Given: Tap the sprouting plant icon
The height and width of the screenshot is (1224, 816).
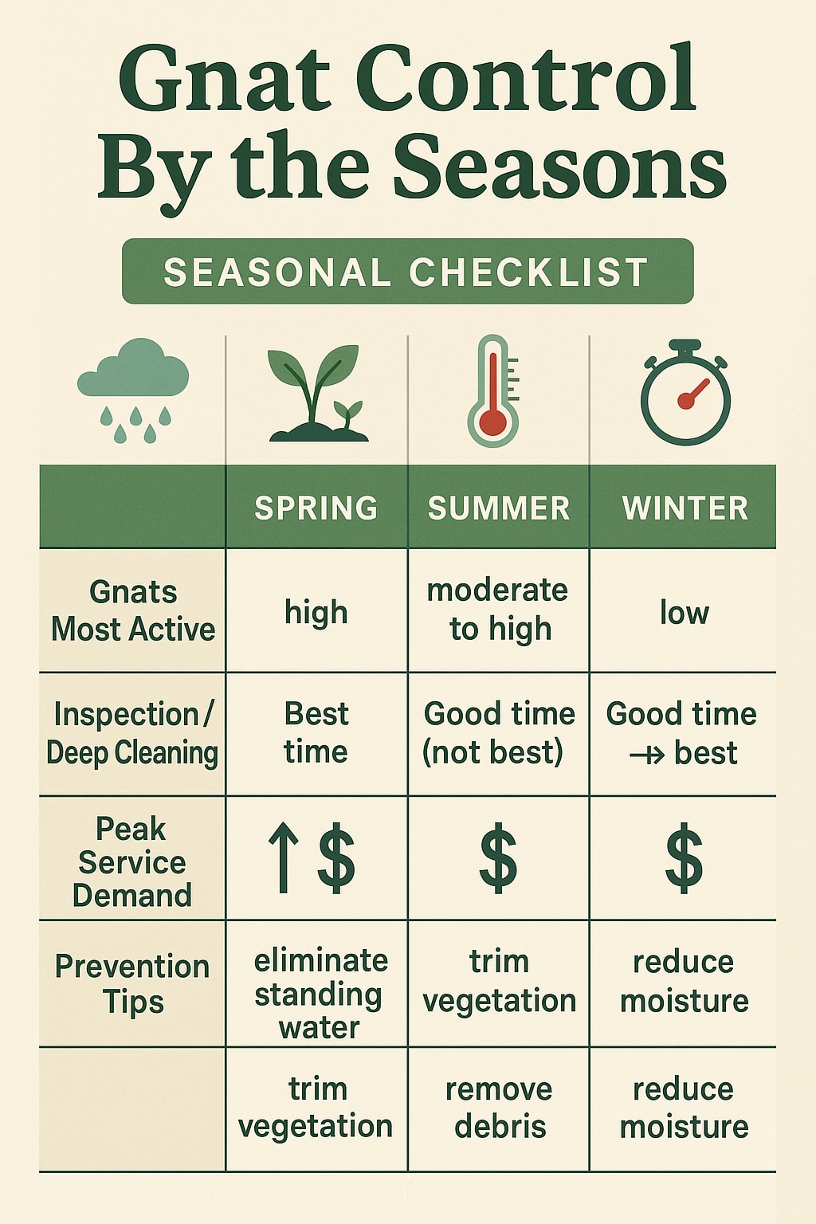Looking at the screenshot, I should tap(317, 393).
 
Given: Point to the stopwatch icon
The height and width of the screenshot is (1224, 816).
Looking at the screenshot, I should tap(685, 394).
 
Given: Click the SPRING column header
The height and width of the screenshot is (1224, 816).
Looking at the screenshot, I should tap(316, 508).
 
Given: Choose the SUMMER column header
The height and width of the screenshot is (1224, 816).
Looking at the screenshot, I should tap(499, 508).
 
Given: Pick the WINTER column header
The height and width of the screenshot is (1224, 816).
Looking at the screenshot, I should tap(685, 508).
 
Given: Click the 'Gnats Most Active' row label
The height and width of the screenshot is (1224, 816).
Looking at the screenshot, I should tap(133, 610).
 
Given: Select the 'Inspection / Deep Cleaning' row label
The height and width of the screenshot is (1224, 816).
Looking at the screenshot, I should tap(132, 734).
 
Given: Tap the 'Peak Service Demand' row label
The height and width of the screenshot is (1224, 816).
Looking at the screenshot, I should tap(132, 861).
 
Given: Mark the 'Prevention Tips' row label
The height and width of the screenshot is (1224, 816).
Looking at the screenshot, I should tap(132, 984).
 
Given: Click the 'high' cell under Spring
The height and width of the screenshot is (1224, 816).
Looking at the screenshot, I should tap(316, 613).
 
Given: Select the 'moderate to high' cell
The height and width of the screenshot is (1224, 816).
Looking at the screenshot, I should tap(499, 610).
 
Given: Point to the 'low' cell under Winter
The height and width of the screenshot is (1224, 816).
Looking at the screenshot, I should tap(684, 613).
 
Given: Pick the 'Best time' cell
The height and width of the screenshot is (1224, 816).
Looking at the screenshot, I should tap(316, 733).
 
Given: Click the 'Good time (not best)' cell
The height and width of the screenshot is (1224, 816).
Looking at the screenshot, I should tap(499, 733).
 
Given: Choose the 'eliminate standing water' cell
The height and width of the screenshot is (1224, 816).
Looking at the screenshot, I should tap(320, 994).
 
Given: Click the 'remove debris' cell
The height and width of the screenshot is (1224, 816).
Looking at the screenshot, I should tap(500, 1108).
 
